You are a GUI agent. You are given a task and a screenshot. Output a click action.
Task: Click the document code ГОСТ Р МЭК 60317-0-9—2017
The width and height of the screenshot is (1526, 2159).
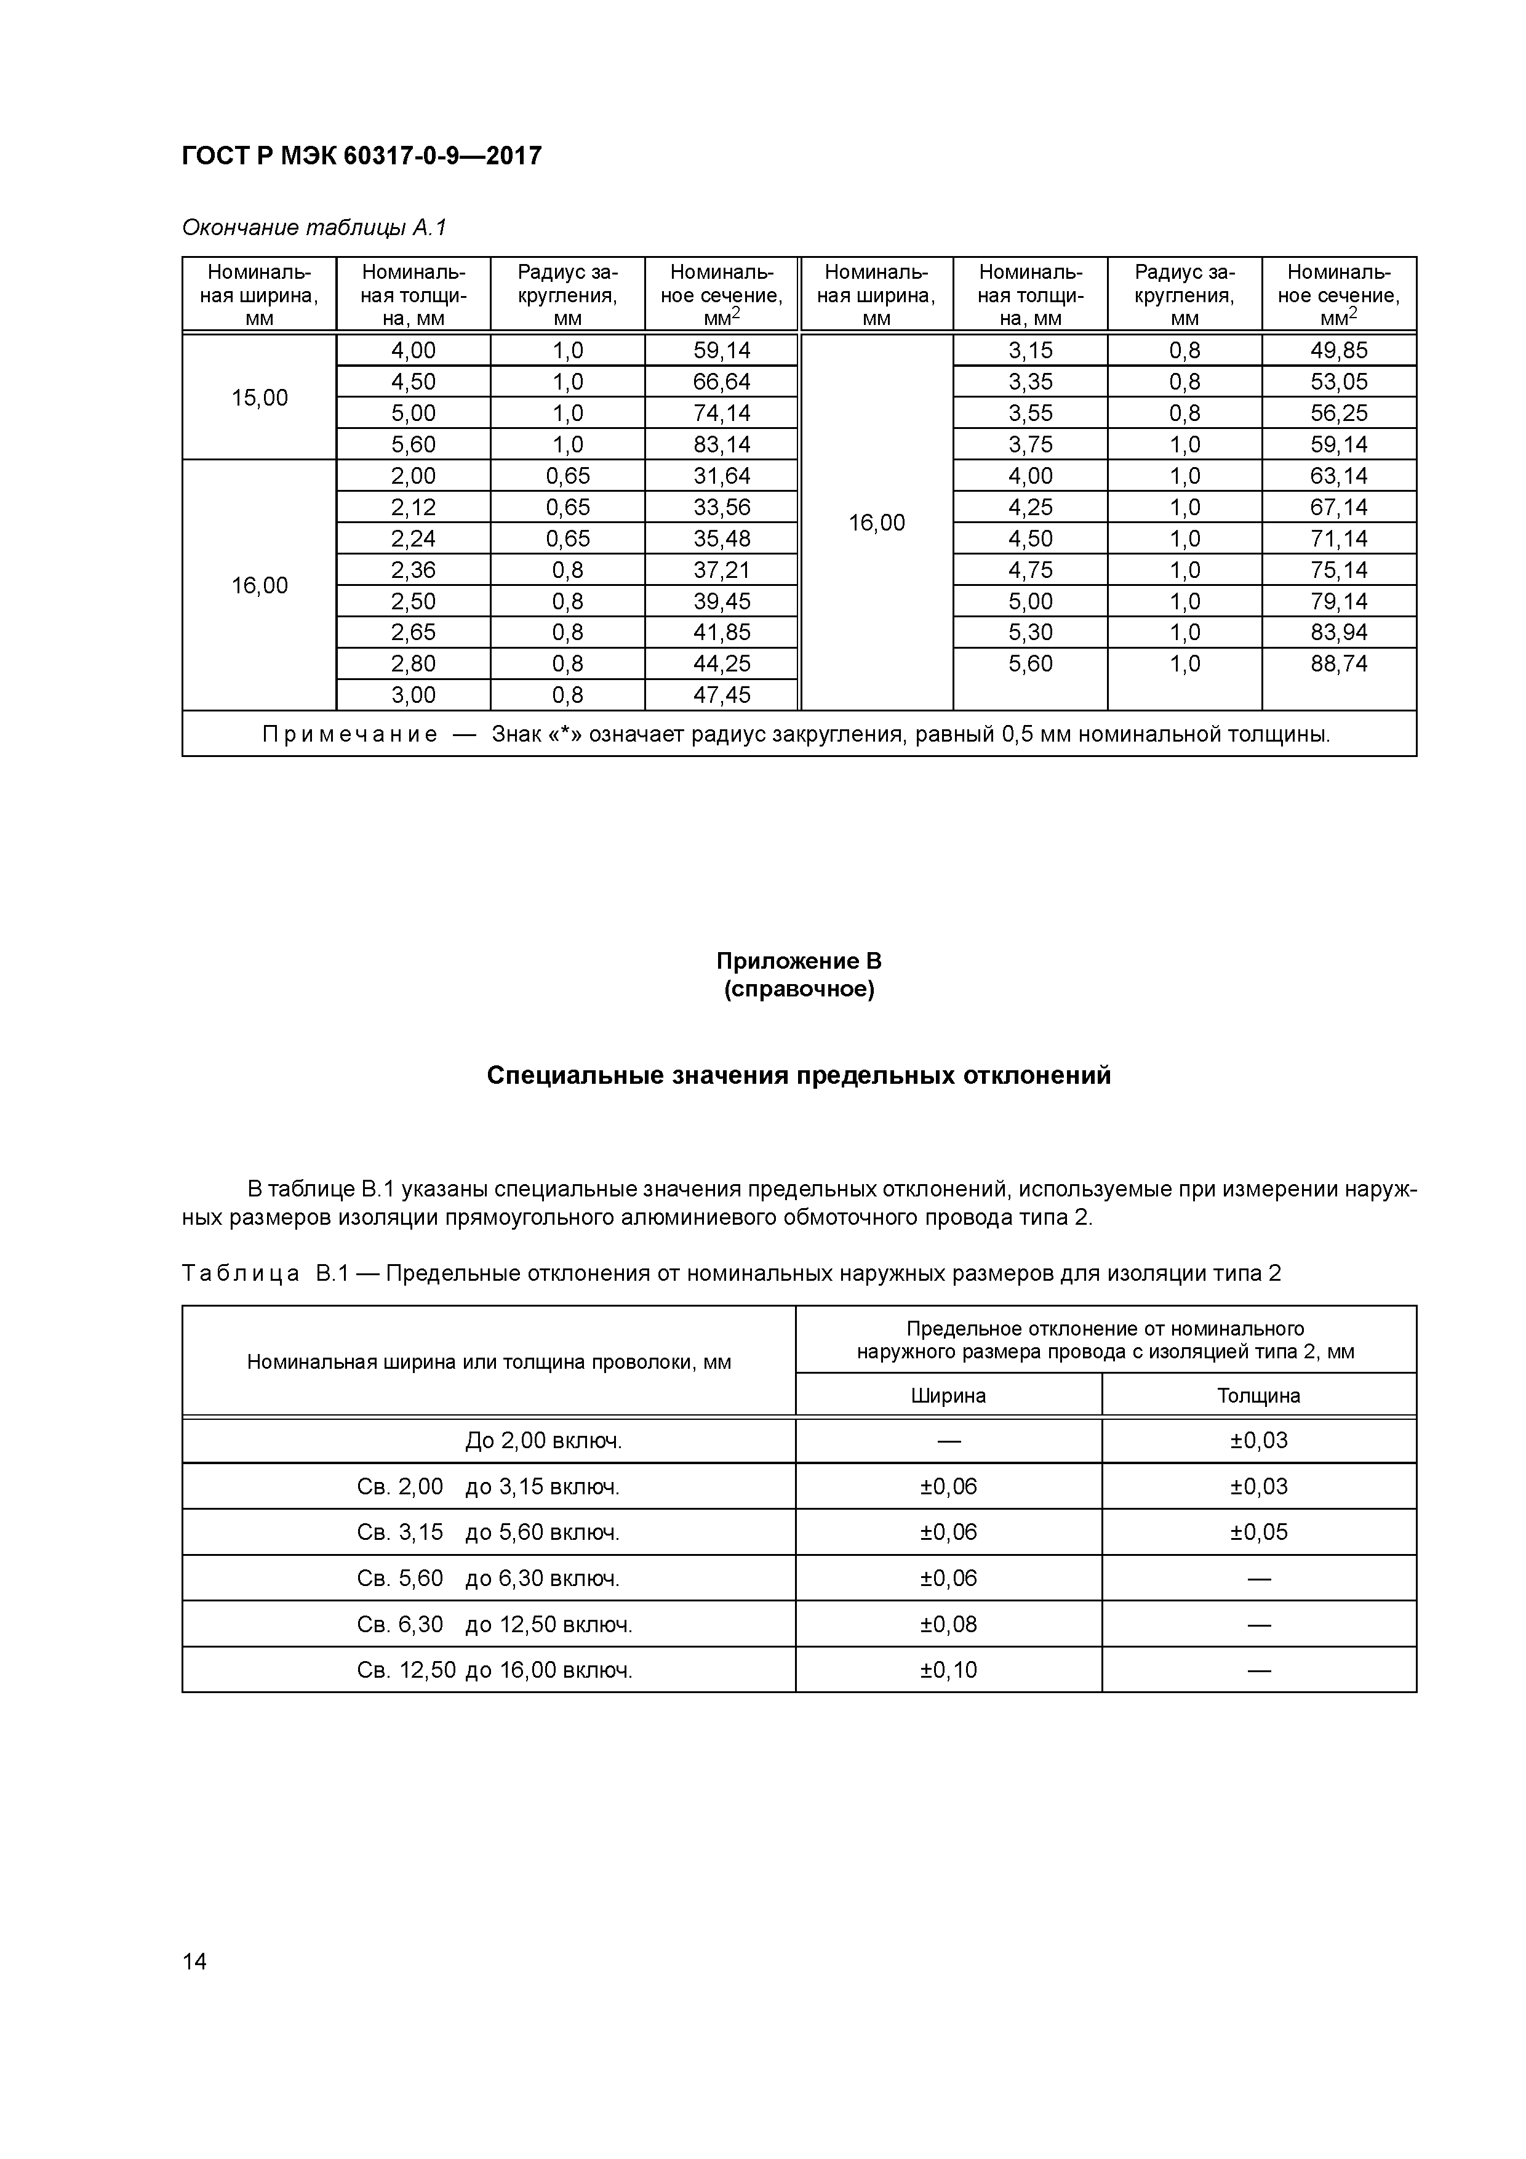pos(361,156)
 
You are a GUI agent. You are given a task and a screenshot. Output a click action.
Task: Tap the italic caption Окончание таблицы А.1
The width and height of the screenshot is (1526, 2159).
pos(314,228)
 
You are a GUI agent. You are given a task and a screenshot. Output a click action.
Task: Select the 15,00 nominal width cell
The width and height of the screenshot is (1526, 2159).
pos(260,398)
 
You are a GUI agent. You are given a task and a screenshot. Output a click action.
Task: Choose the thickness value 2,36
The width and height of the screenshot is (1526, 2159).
pos(413,570)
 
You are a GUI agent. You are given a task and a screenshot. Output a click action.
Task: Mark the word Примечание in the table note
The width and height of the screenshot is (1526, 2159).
pos(350,734)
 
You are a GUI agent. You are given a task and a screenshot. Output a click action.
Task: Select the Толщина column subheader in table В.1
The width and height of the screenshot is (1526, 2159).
pos(1258,1395)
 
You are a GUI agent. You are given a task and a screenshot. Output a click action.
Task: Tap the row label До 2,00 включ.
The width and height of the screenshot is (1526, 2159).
pos(543,1441)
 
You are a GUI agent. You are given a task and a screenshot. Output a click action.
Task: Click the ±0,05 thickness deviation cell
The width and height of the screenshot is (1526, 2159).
pos(1258,1532)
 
